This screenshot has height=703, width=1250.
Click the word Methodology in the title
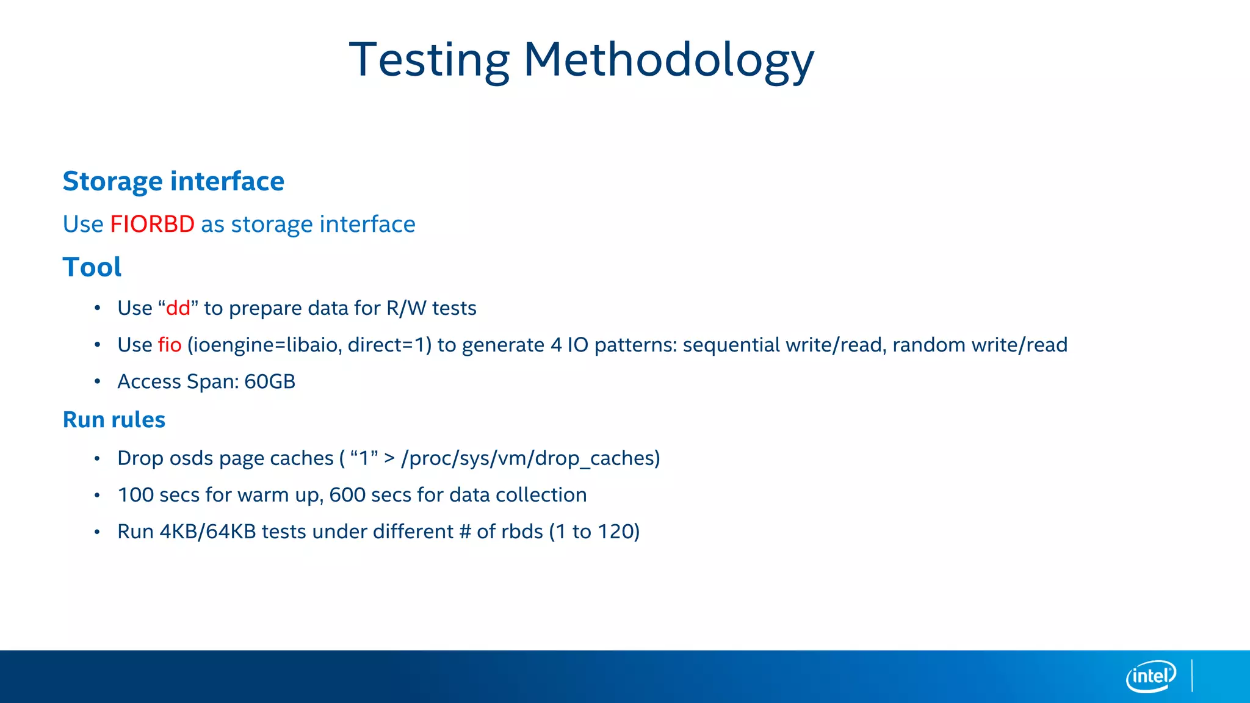[668, 60]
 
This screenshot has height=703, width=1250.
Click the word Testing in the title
[429, 60]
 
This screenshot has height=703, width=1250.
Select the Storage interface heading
[173, 181]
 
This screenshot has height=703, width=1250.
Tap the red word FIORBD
[152, 224]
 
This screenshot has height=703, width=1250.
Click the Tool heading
[92, 267]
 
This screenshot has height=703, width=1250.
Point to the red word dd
[178, 308]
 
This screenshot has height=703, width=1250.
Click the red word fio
[170, 345]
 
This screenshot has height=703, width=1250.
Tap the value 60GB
[269, 381]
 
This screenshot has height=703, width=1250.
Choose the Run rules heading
[114, 420]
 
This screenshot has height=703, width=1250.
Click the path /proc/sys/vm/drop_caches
[530, 458]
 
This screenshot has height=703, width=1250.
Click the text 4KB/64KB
[208, 532]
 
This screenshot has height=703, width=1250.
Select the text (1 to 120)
[594, 532]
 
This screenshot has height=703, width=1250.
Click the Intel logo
[1151, 676]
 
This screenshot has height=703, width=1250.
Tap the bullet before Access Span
[97, 382]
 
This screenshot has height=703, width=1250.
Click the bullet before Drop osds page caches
[97, 459]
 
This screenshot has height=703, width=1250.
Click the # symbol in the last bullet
[465, 532]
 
